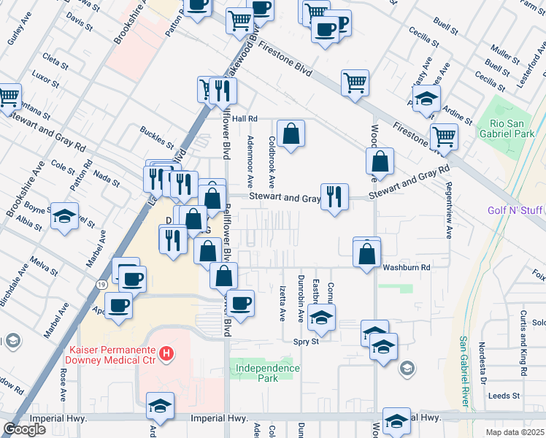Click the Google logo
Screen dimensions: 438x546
24,429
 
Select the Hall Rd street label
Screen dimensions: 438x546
247,118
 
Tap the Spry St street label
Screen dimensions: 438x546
306,341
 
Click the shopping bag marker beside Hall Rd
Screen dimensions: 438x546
291,134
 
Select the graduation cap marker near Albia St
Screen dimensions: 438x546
64,216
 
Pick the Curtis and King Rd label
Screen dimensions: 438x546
524,343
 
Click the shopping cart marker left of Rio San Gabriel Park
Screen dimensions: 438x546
444,136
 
